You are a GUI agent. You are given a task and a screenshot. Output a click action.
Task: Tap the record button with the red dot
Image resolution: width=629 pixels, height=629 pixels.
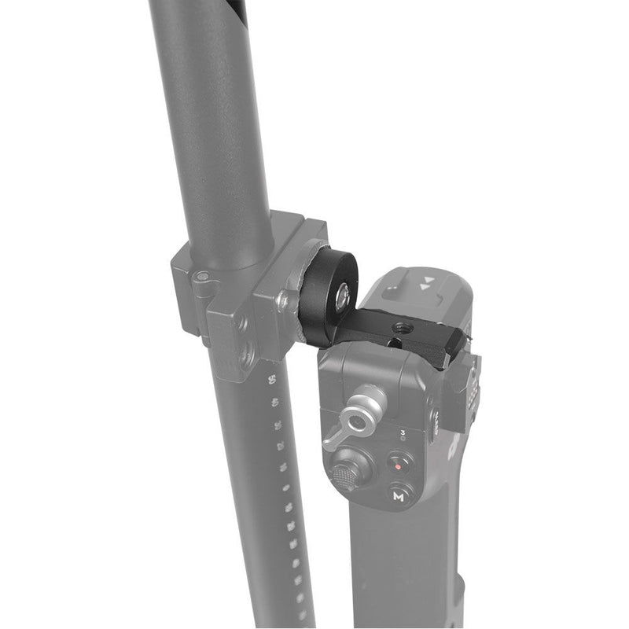[x=399, y=465]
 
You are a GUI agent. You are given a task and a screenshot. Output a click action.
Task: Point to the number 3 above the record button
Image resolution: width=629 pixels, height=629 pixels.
[x=403, y=432]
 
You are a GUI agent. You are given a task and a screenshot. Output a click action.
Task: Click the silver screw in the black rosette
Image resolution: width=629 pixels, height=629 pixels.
[x=344, y=296]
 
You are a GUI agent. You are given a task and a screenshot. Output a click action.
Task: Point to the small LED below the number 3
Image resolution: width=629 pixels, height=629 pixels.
[x=403, y=441]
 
